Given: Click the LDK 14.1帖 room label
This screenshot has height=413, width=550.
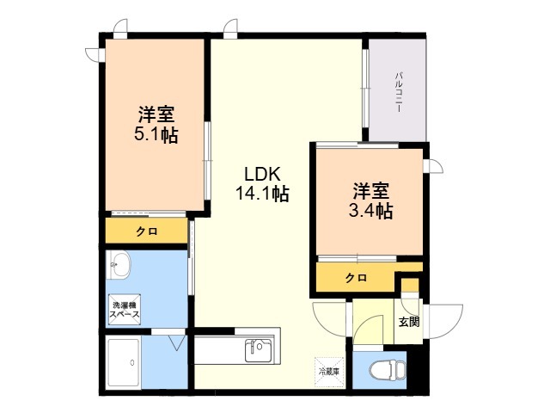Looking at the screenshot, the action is [262, 183].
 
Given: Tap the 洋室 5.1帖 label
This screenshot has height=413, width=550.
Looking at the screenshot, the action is [156, 124].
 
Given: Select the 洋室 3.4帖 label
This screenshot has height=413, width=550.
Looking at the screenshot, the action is [370, 200].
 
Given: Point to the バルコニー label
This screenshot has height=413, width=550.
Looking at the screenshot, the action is [399, 92].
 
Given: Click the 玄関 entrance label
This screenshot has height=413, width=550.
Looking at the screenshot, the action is [409, 321].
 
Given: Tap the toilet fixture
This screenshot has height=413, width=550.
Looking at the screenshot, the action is [387, 370].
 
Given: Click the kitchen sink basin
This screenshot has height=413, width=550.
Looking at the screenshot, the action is [258, 350].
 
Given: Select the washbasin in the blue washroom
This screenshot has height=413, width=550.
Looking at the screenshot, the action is [119, 265].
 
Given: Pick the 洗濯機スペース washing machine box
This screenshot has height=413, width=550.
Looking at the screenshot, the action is [125, 310].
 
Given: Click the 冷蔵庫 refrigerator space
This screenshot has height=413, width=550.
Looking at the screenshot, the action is [328, 372].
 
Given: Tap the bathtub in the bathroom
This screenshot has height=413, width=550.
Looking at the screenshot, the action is [124, 362].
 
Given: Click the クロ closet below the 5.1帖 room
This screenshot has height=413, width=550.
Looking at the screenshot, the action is [147, 231].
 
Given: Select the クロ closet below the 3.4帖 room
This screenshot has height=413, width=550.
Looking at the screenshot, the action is [356, 278].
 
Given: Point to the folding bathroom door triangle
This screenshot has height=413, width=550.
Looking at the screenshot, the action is [177, 342].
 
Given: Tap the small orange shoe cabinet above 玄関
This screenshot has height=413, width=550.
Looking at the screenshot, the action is [410, 285].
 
